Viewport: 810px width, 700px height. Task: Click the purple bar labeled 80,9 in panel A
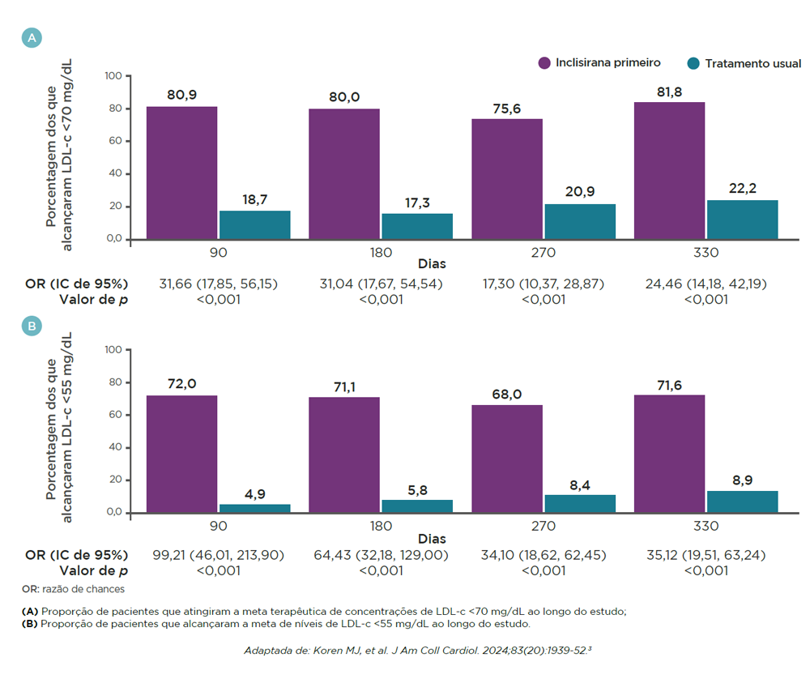(182, 173)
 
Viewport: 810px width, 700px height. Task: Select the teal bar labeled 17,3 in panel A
(417, 226)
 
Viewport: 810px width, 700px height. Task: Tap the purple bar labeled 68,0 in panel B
(507, 458)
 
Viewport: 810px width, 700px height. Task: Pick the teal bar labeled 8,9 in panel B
(743, 502)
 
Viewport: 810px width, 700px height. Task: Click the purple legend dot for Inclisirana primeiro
(545, 62)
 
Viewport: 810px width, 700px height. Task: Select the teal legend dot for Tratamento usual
(693, 63)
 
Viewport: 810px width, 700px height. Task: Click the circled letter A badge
(32, 38)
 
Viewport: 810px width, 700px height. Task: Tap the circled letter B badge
(32, 326)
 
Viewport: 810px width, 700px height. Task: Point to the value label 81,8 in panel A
(670, 92)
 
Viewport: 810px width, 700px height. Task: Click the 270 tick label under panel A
(544, 253)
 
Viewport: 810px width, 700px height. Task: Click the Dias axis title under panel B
(432, 538)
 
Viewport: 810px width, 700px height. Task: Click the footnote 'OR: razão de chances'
(74, 588)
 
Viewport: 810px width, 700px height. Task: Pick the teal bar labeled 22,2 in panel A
(743, 220)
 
